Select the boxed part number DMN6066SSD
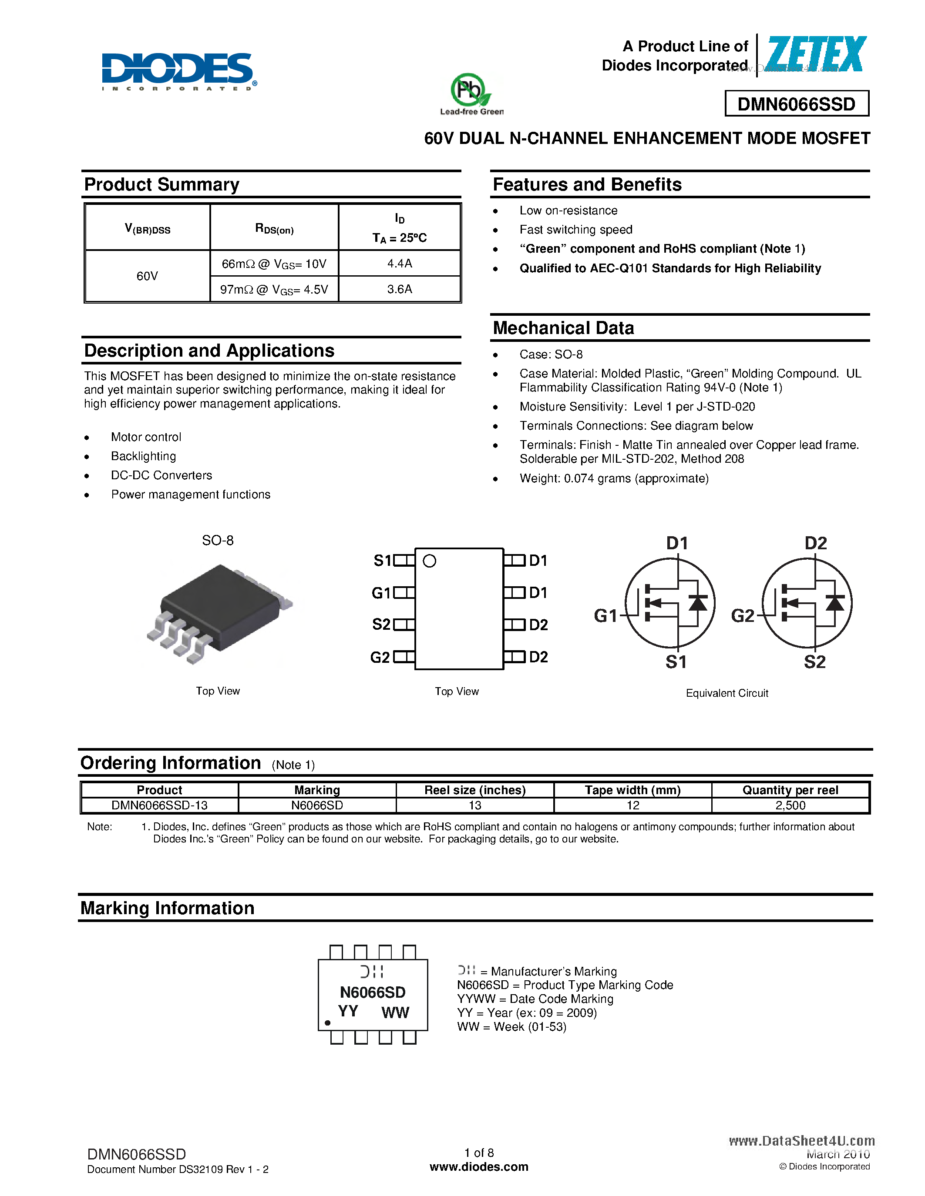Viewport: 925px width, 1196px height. [x=796, y=104]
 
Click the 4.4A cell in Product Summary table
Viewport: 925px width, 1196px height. [x=400, y=264]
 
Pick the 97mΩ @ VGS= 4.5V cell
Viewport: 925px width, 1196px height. [x=274, y=289]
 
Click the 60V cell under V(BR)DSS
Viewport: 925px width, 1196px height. [x=147, y=276]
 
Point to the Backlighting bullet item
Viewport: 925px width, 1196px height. [x=143, y=456]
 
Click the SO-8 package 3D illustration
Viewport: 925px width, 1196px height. [x=219, y=613]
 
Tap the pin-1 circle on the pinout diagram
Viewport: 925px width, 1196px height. [x=430, y=561]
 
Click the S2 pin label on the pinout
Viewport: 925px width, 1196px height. [x=381, y=624]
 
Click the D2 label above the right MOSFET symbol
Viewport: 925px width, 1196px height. [x=815, y=543]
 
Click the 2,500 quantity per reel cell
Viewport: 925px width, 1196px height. [x=790, y=805]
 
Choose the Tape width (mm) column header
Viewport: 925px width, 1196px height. [x=632, y=790]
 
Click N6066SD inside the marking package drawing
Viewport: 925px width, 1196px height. [x=373, y=992]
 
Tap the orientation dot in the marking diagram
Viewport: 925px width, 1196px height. [x=328, y=1022]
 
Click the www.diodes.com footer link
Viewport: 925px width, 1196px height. [x=479, y=1167]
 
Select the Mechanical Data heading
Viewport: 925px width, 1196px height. [x=563, y=328]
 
